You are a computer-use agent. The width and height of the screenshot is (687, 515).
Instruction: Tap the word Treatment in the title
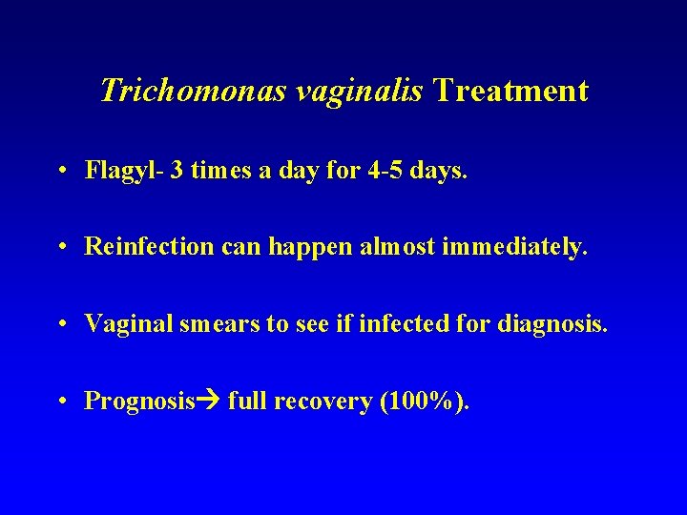[x=510, y=92]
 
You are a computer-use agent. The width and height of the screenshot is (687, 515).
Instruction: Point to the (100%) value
[x=424, y=402]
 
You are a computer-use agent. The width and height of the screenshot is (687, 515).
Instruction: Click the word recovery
[x=324, y=402]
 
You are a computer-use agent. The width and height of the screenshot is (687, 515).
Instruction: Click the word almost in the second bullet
[x=395, y=247]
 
